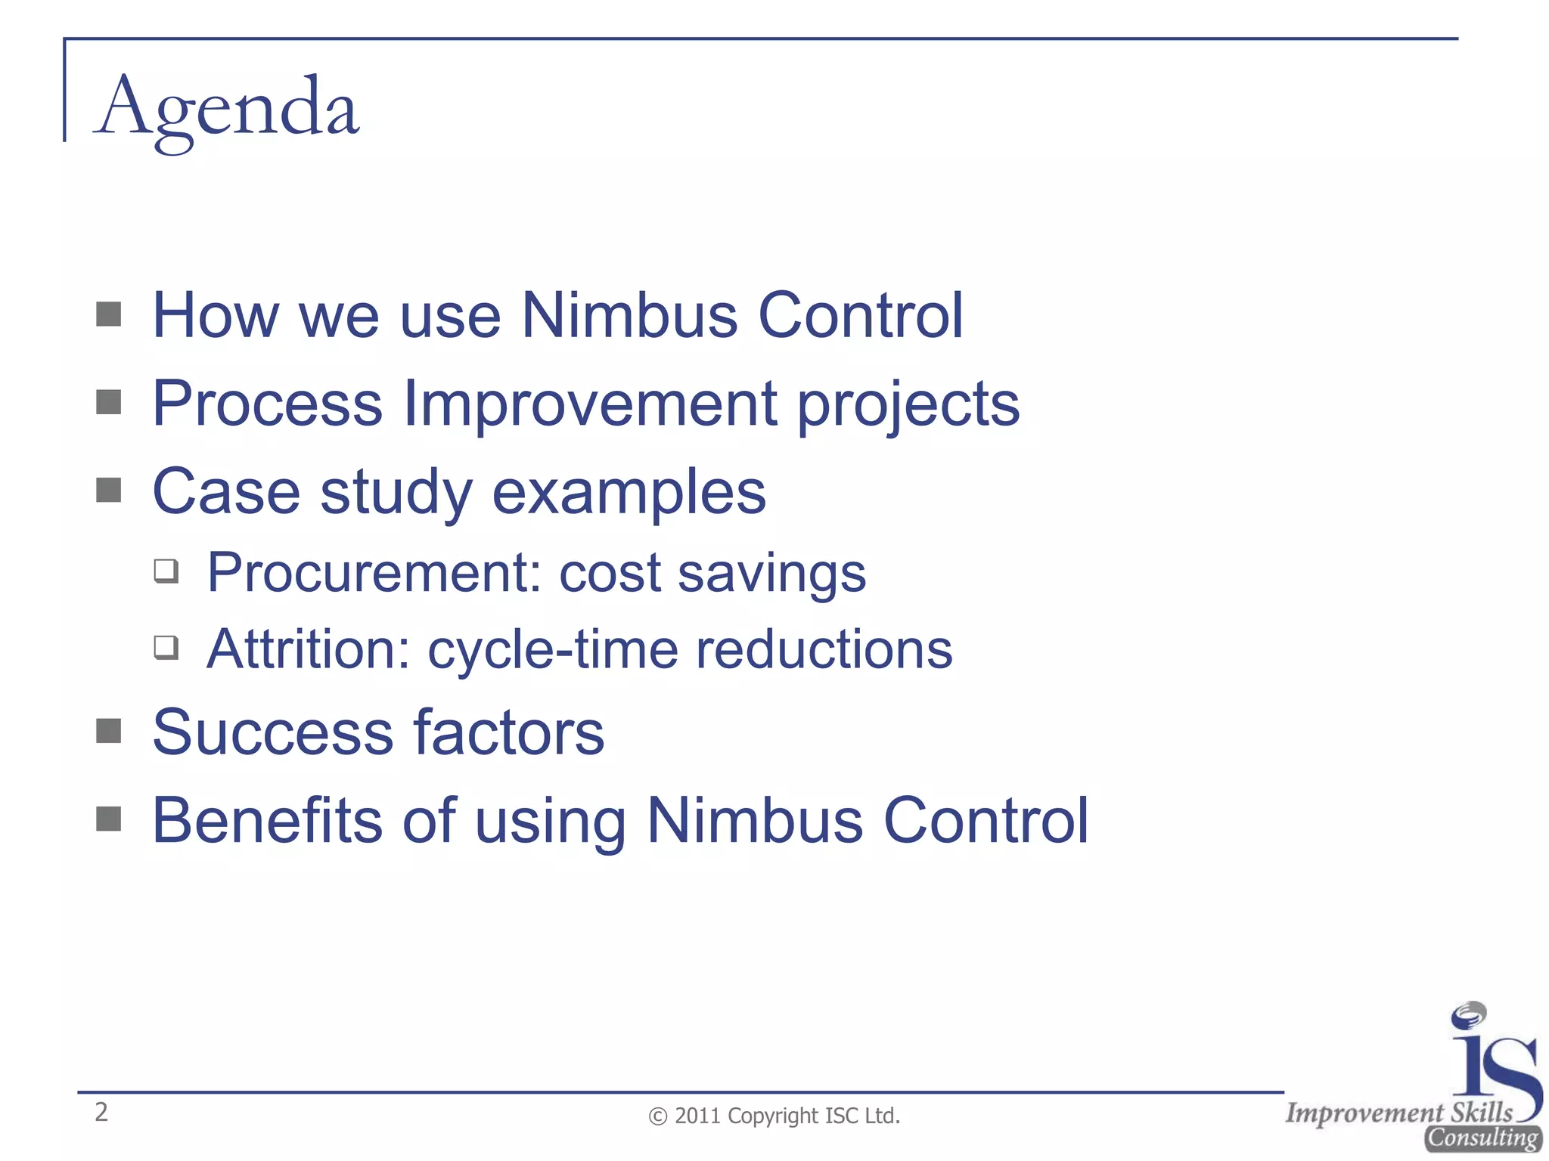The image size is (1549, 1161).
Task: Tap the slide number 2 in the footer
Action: [x=101, y=1112]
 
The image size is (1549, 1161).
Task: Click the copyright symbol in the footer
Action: [x=658, y=1116]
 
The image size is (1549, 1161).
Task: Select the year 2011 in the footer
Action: [x=698, y=1116]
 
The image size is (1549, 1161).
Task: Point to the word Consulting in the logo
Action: [x=1482, y=1138]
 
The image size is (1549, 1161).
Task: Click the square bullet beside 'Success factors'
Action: [x=109, y=731]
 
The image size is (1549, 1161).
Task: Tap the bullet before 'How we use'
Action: [x=109, y=314]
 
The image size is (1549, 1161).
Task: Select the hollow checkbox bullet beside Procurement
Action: [x=166, y=571]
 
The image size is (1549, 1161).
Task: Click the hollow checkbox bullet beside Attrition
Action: [x=166, y=648]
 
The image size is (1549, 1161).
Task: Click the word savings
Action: [x=771, y=574]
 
